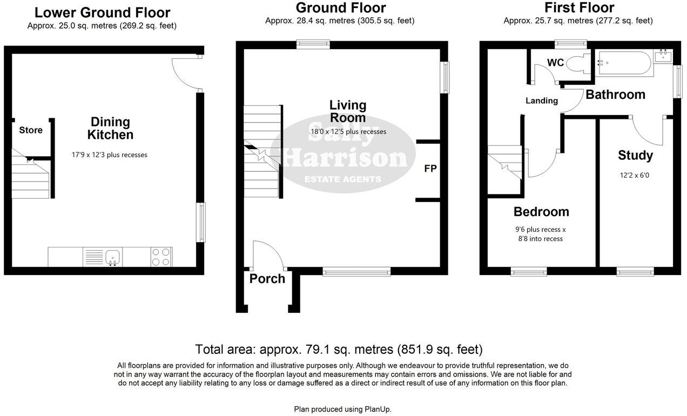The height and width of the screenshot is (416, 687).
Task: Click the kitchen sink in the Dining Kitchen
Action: coord(113,257)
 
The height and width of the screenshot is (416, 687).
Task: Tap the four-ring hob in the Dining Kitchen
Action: coord(161,257)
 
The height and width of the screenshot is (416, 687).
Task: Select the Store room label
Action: coord(31,130)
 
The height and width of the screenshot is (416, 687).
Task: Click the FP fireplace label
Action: coord(430,169)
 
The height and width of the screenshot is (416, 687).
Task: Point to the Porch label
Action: coord(267,279)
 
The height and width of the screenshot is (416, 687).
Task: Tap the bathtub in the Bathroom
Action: coord(623,63)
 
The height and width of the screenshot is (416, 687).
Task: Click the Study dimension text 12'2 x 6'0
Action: coord(635,175)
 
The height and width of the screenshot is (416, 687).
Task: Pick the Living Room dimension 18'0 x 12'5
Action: coord(348,131)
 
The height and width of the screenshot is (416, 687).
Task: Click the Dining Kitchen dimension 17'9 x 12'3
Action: coord(110,155)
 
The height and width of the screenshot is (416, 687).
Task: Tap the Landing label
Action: coord(542,100)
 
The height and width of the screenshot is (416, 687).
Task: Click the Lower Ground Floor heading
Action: coord(102,12)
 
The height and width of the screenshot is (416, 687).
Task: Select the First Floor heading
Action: coord(579,8)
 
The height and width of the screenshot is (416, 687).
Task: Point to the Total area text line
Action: coord(339,349)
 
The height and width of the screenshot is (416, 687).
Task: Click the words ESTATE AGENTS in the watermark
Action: coord(343,179)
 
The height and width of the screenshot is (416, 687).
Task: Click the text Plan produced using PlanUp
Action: coord(342,409)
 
